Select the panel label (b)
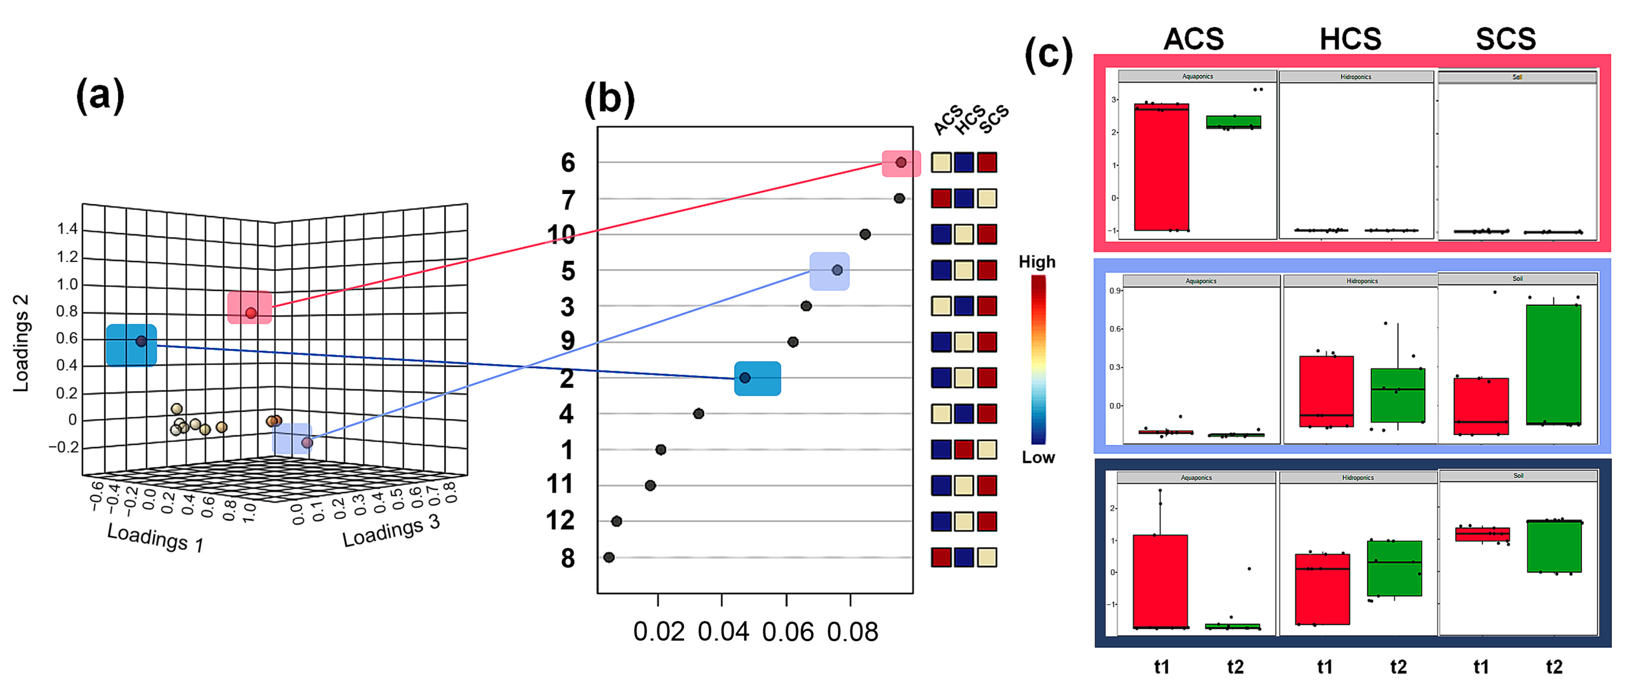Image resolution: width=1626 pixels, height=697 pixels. click(x=609, y=100)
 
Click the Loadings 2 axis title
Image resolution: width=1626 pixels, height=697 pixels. click(x=21, y=343)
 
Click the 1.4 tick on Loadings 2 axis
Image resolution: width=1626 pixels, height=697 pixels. click(x=67, y=229)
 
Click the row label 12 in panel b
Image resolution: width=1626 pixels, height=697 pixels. click(x=560, y=521)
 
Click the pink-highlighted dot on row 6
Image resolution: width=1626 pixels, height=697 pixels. click(x=901, y=163)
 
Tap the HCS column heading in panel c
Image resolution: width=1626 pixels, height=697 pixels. click(x=1350, y=39)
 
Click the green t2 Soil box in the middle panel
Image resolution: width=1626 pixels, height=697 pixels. click(x=1554, y=364)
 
